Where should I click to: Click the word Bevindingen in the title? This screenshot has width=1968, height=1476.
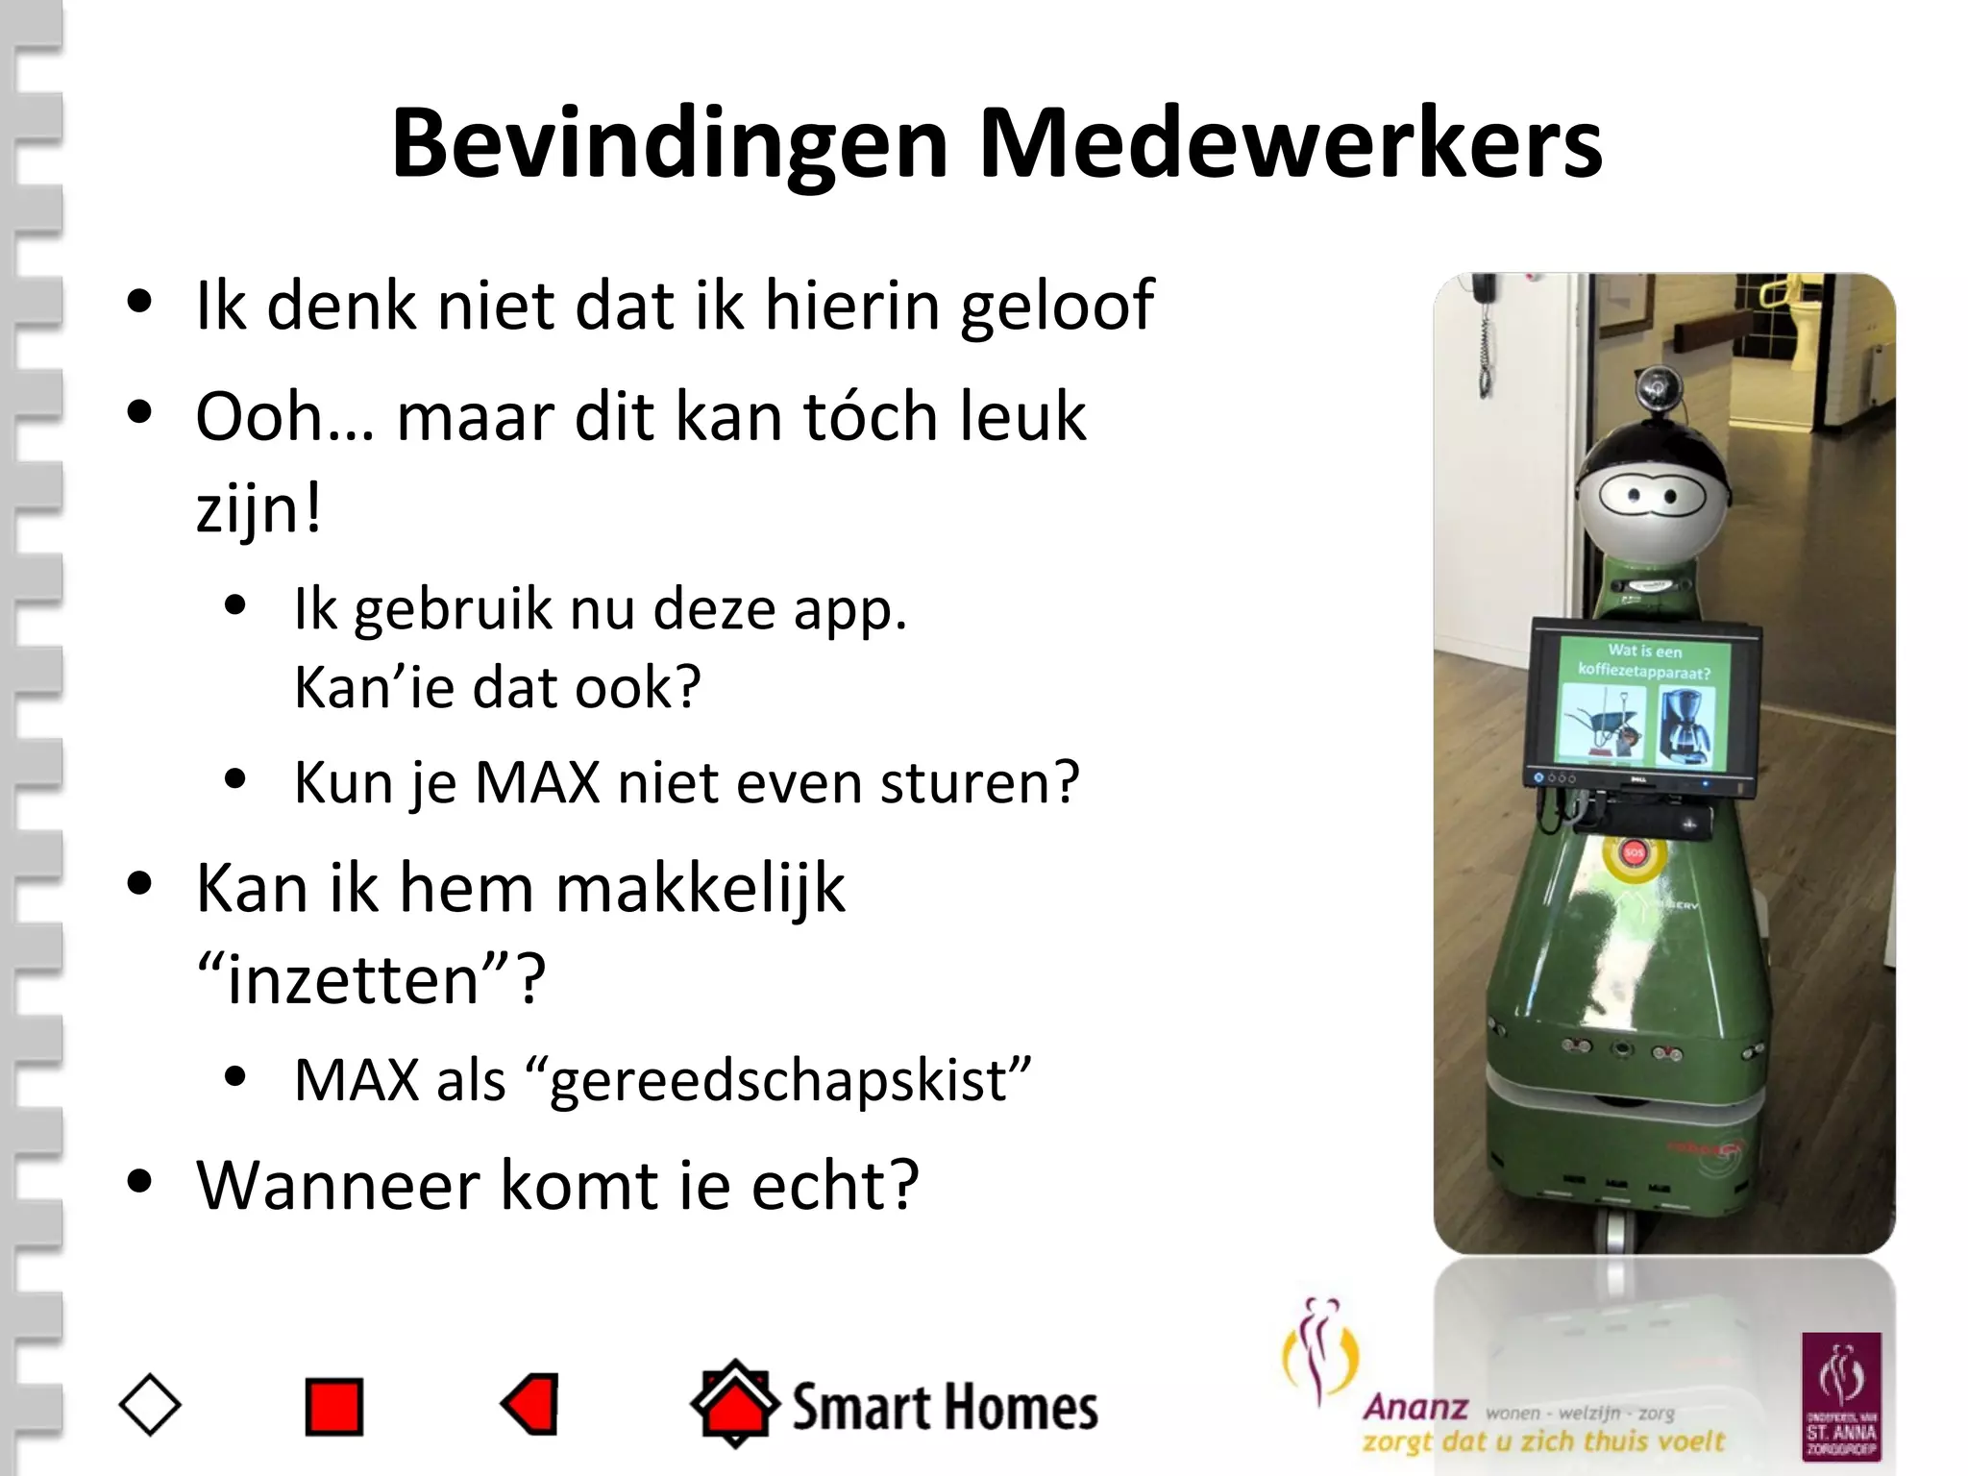tap(670, 144)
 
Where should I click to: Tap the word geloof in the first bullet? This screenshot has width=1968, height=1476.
tap(1057, 306)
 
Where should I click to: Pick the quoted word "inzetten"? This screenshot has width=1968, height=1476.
tap(371, 980)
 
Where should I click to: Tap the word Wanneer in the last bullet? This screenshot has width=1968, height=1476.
tap(336, 1186)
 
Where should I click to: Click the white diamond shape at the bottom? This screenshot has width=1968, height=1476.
tap(150, 1406)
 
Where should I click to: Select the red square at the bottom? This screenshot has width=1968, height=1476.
tap(333, 1407)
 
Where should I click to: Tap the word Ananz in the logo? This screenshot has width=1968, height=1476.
tap(1415, 1408)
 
